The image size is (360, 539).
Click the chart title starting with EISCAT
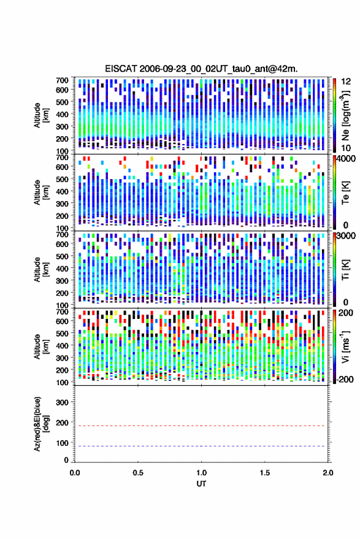pos(201,69)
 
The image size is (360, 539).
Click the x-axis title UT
pos(202,484)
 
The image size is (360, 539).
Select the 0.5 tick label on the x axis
pos(138,473)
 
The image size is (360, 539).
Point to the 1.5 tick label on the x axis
pos(265,473)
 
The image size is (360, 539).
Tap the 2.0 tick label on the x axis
pos(328,473)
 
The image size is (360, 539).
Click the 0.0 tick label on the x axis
pos(75,473)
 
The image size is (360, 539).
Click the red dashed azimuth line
pos(202,426)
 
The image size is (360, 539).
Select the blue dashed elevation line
pos(202,446)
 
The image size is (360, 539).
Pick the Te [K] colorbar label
pos(345,193)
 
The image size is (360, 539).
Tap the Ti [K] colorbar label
pos(345,270)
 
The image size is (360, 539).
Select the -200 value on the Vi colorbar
pos(345,380)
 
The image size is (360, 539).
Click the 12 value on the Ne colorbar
pos(347,82)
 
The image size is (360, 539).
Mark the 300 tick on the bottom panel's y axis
pos(62,402)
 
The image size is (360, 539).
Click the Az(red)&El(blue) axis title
pos(41,424)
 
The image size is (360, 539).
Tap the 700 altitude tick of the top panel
pos(62,80)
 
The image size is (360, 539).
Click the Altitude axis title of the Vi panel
pos(41,346)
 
